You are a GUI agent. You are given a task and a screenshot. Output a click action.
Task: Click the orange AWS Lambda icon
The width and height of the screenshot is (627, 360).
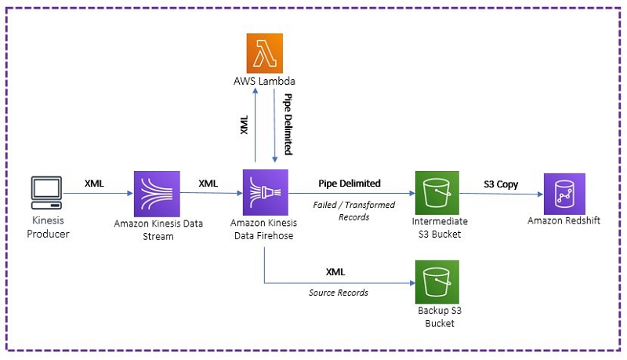point(264,54)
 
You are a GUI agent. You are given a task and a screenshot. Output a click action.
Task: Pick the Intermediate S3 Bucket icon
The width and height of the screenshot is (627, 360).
point(437,192)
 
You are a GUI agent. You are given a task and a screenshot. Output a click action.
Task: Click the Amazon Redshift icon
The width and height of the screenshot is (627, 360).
point(564,192)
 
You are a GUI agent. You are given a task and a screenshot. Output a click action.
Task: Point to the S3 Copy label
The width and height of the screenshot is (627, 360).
point(502,184)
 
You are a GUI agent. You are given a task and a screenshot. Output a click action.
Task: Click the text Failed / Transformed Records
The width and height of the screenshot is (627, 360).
point(349,211)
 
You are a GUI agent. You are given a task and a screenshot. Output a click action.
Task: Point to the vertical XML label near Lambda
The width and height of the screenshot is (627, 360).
point(244,125)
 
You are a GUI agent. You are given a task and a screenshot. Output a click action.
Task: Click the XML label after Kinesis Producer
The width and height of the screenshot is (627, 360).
point(96,184)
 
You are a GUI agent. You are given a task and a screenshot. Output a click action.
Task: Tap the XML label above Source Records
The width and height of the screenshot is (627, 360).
point(335,272)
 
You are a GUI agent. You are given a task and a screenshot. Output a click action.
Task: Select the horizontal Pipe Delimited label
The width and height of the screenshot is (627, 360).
point(349,184)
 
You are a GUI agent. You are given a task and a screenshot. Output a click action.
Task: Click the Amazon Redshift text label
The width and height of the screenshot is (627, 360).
point(564,221)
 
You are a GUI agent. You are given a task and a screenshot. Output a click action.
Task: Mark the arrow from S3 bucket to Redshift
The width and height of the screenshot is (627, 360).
point(502,194)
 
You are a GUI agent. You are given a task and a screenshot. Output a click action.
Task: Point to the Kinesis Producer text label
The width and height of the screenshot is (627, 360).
point(49,227)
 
